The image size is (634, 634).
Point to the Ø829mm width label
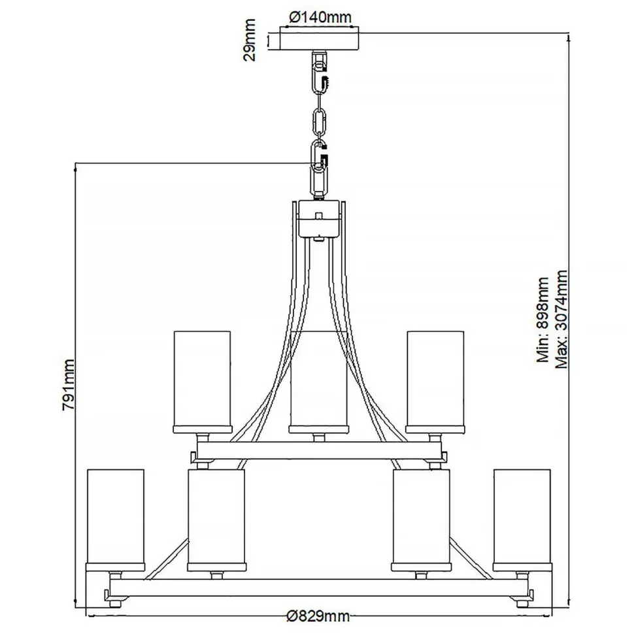coord(318,616)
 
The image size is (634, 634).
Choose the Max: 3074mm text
coord(560,318)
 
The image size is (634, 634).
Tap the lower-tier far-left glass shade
coord(116,516)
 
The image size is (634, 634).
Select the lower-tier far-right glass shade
coord(521,516)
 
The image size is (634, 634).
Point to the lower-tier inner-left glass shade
coord(216,516)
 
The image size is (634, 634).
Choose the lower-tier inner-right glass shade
coord(421,516)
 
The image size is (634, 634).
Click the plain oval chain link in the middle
coord(319,122)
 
